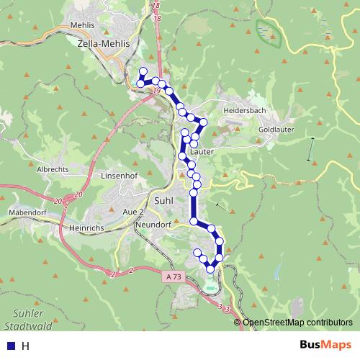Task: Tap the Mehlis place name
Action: (84, 24)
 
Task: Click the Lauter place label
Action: (203, 152)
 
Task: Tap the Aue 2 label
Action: (133, 213)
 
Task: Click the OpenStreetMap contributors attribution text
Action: (297, 323)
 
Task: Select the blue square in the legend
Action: (9, 346)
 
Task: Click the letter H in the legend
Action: (25, 346)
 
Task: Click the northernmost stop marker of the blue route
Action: (143, 71)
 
